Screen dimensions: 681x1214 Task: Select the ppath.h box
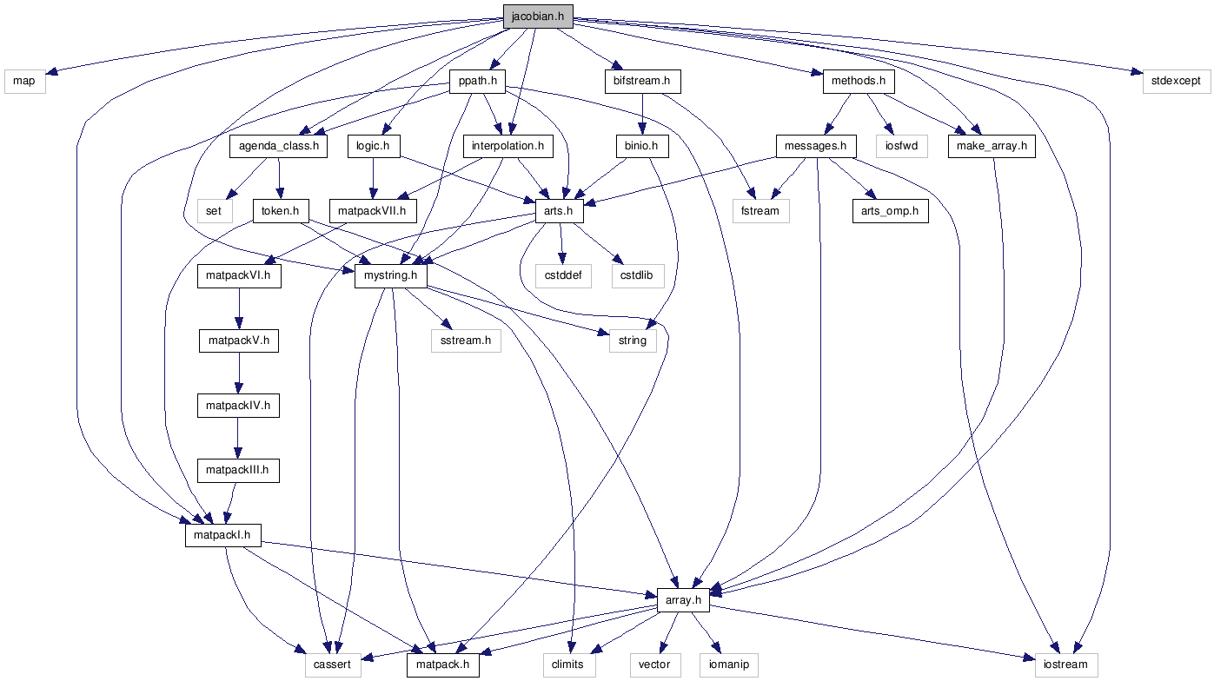pos(476,82)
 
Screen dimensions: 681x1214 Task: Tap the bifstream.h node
pos(641,82)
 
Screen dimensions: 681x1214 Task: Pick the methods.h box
pos(858,82)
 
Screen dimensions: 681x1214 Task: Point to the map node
pos(24,82)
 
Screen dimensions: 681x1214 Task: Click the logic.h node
pos(372,146)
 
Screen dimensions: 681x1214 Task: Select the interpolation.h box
pos(507,146)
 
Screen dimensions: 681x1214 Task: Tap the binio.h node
pos(641,146)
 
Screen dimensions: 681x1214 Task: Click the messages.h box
pos(816,146)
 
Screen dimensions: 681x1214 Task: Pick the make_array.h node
pos(992,146)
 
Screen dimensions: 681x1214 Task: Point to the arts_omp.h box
pos(890,211)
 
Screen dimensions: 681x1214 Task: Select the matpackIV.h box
pos(238,406)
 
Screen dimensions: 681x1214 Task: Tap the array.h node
pos(684,600)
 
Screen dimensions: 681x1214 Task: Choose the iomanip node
pos(728,665)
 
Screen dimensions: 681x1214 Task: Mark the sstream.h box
pos(467,340)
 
